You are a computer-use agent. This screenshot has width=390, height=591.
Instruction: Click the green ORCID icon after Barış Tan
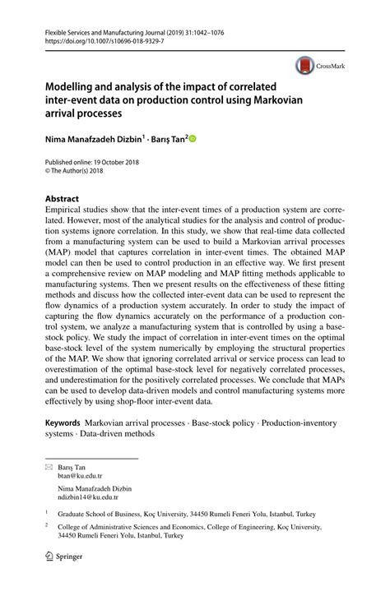(194, 139)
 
